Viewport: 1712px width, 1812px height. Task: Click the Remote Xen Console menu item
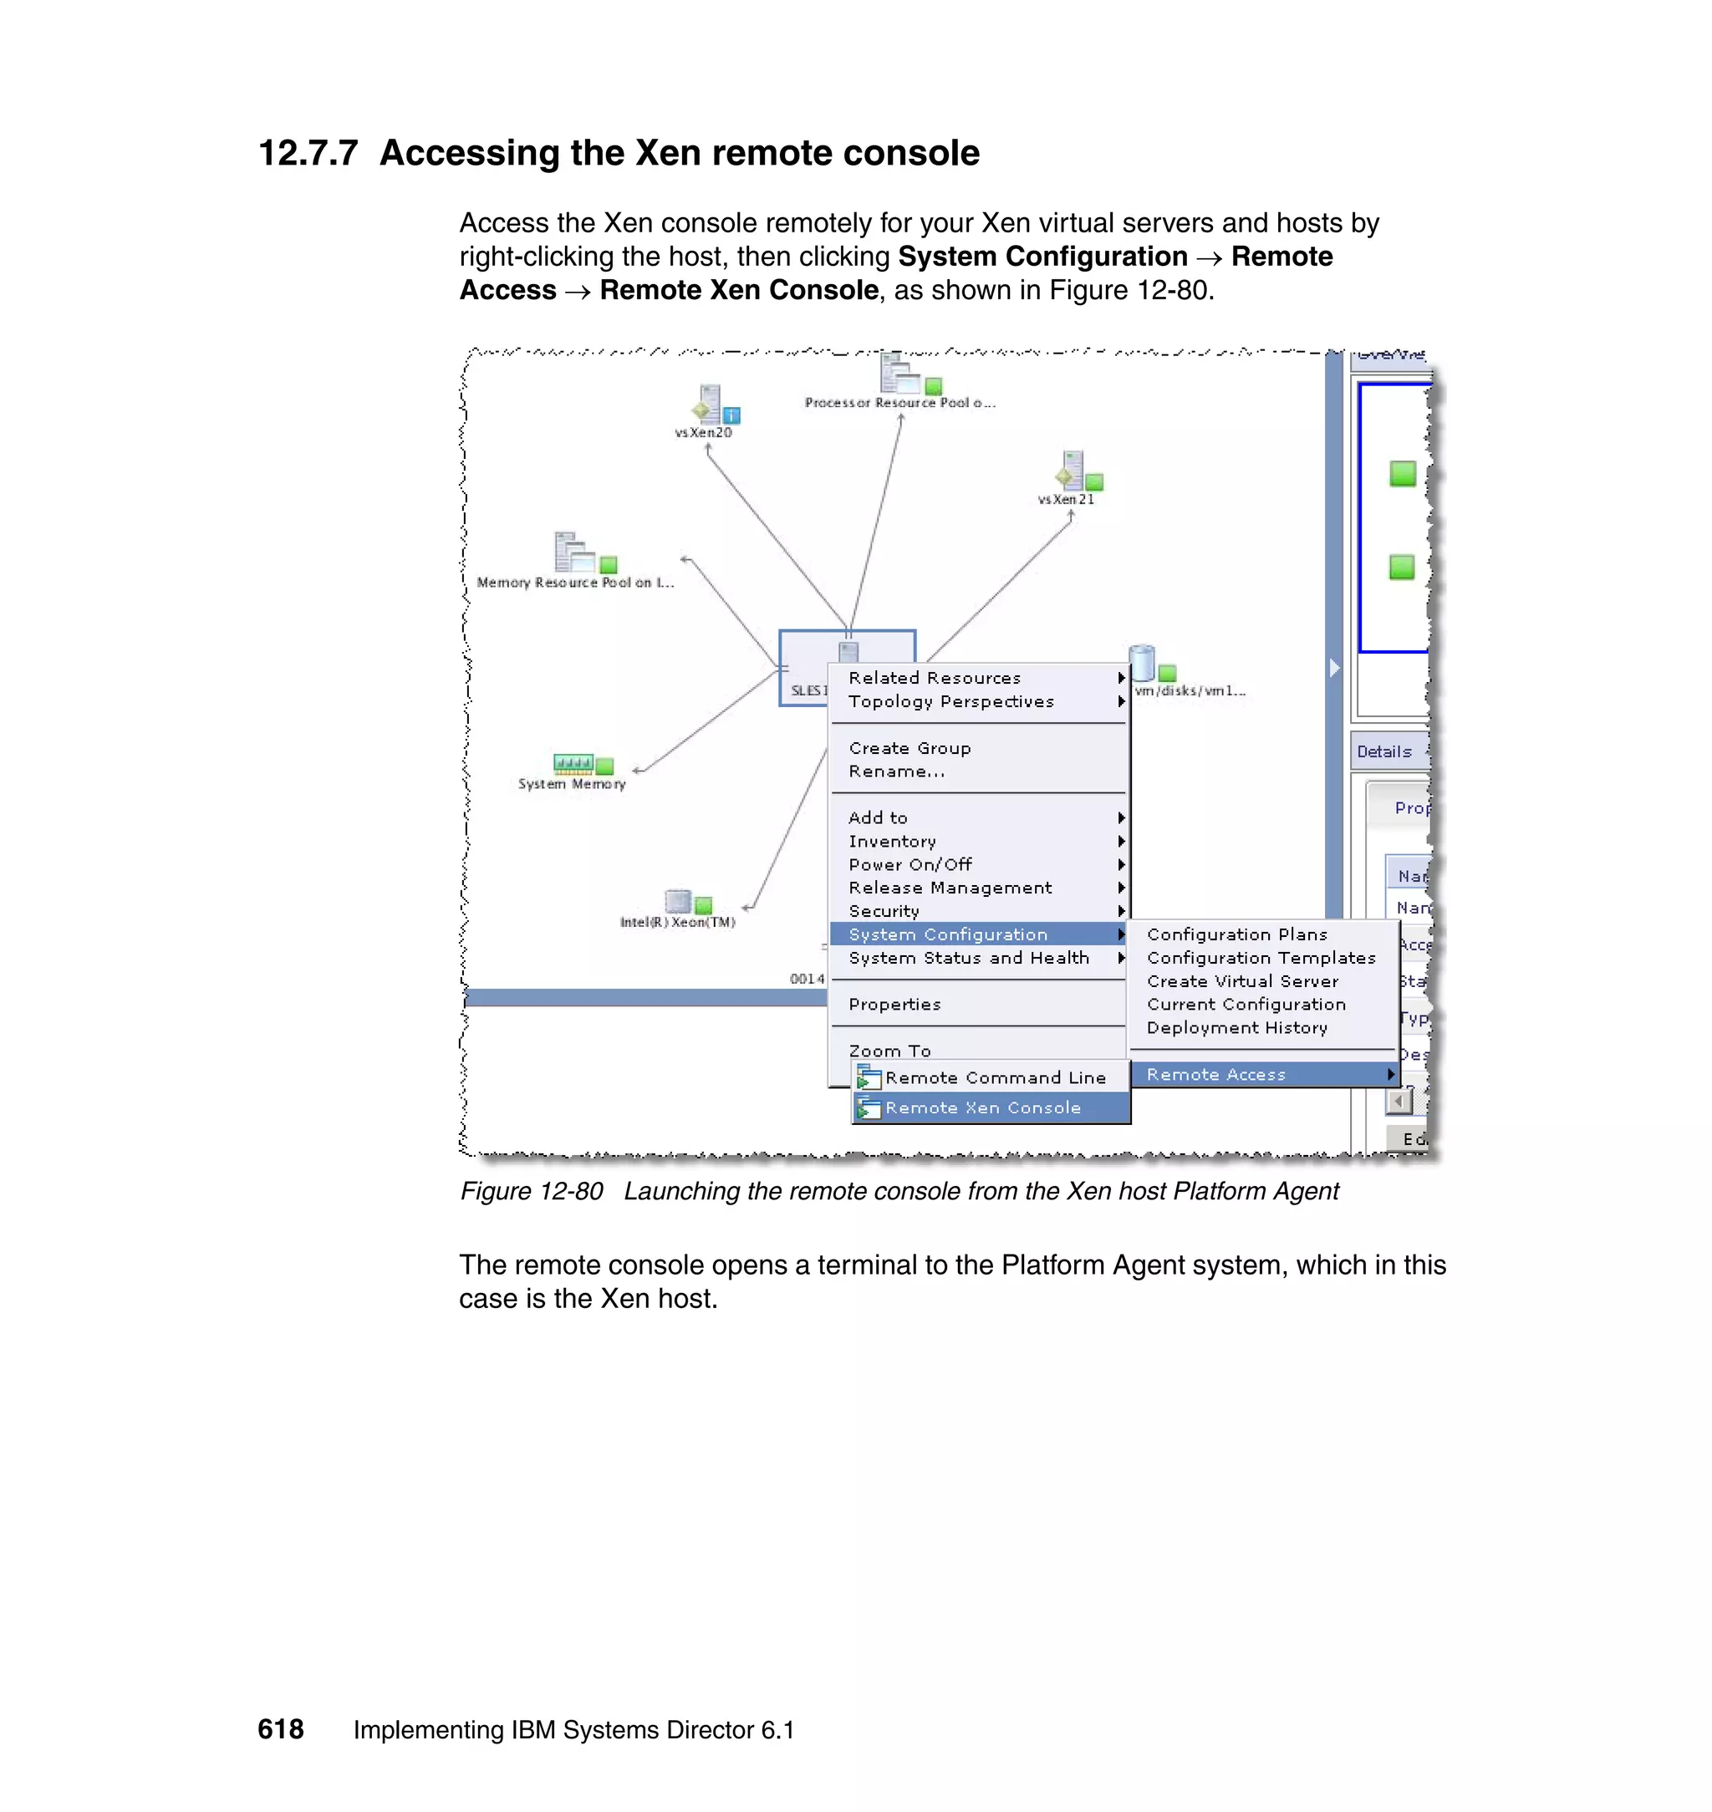pyautogui.click(x=982, y=1107)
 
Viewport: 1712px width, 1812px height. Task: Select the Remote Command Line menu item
pyautogui.click(x=994, y=1077)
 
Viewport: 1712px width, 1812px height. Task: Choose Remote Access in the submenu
pyautogui.click(x=1215, y=1075)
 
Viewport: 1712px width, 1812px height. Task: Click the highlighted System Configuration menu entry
pyautogui.click(x=948, y=934)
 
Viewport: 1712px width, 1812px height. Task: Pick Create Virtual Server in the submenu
pyautogui.click(x=1242, y=981)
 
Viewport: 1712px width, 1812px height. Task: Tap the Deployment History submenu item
pyautogui.click(x=1236, y=1027)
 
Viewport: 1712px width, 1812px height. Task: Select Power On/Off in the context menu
pyautogui.click(x=909, y=864)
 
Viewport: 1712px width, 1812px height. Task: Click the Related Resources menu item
pyautogui.click(x=935, y=678)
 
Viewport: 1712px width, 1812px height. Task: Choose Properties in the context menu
pyautogui.click(x=894, y=1005)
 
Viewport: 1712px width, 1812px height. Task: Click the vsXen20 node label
pyautogui.click(x=703, y=432)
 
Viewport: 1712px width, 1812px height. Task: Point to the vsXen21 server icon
pyautogui.click(x=1072, y=471)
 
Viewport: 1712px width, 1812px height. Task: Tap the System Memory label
pyautogui.click(x=571, y=784)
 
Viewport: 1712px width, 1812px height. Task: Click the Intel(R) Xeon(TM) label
pyautogui.click(x=677, y=923)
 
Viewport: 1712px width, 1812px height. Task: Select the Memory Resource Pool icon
pyautogui.click(x=572, y=552)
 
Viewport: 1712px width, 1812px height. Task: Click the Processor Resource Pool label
pyautogui.click(x=899, y=402)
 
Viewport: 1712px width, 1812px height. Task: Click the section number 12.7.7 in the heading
pyautogui.click(x=308, y=153)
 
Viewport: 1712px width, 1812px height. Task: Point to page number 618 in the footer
pyautogui.click(x=280, y=1729)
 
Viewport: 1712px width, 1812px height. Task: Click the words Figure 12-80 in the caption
pyautogui.click(x=531, y=1192)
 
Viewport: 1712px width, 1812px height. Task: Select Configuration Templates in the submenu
pyautogui.click(x=1261, y=958)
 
